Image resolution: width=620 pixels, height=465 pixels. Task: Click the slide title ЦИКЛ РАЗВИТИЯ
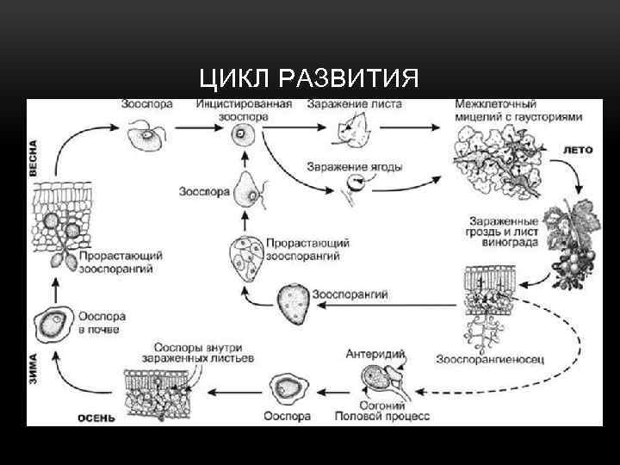[309, 79]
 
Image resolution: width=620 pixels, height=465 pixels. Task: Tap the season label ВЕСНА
[34, 158]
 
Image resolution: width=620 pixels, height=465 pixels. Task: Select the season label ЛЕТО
[578, 149]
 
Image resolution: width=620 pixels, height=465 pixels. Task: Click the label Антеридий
[375, 353]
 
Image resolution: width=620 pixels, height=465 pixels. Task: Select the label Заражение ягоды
[354, 167]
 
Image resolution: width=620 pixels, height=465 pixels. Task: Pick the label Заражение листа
[354, 104]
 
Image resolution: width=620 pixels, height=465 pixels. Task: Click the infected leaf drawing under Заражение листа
[351, 131]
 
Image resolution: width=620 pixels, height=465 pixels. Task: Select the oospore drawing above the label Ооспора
[286, 390]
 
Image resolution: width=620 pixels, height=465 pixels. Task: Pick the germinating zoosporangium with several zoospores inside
[245, 257]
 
